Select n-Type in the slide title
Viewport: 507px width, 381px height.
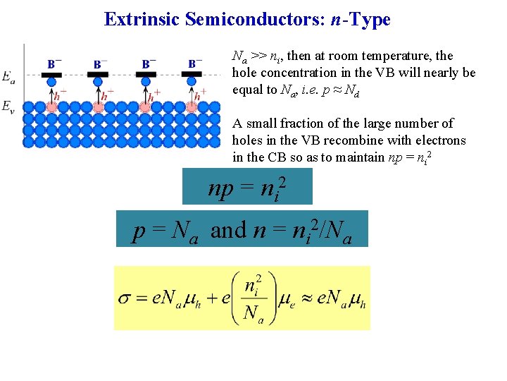click(x=361, y=19)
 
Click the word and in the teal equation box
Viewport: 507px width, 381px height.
click(x=229, y=231)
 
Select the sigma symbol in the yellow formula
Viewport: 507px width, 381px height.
click(x=125, y=298)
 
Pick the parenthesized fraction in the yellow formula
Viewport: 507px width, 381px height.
click(x=252, y=297)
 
